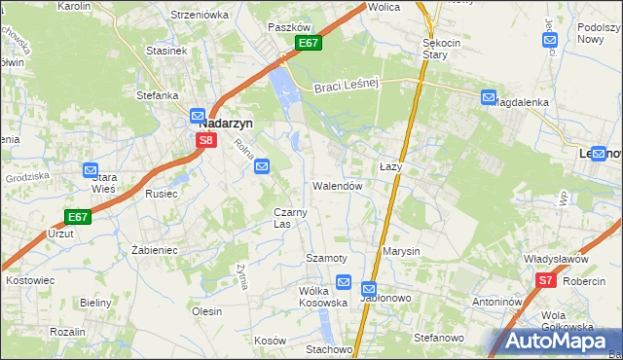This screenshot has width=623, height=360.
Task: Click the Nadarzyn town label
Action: click(226, 124)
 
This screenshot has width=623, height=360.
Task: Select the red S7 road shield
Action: click(545, 281)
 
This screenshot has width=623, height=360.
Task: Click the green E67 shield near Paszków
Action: click(308, 43)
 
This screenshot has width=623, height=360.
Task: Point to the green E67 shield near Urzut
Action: click(78, 216)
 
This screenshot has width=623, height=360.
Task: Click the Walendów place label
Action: click(338, 185)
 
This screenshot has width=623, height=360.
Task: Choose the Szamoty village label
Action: click(326, 258)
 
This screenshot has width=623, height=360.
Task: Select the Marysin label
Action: click(401, 251)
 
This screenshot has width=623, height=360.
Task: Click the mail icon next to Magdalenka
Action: click(488, 96)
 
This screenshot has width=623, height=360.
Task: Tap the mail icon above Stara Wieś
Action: click(92, 168)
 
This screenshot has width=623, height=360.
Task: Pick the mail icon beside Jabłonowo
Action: click(369, 289)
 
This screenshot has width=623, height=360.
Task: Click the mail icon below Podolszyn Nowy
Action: click(550, 41)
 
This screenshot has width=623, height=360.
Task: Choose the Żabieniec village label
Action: click(154, 249)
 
